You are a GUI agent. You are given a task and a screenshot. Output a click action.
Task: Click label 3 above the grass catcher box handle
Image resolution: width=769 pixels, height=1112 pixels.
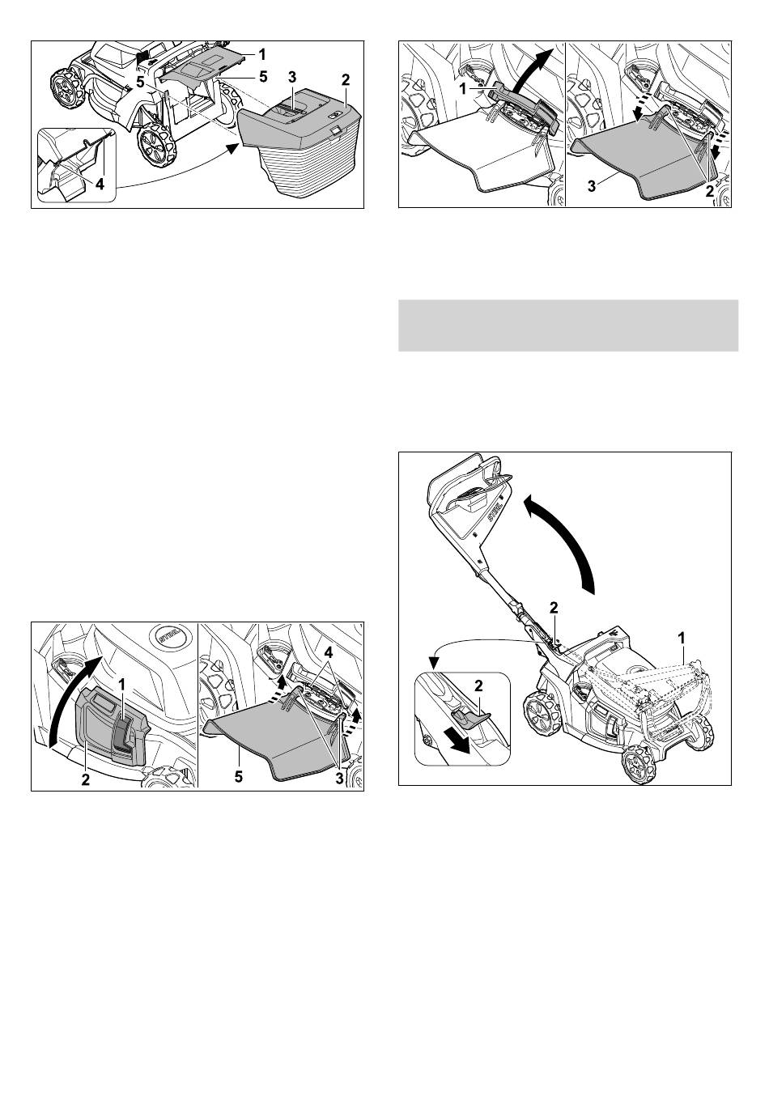(292, 77)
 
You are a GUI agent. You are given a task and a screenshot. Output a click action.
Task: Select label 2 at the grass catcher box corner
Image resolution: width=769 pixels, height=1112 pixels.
(346, 79)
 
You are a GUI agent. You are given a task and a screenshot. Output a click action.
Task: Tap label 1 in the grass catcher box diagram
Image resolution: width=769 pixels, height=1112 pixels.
(262, 53)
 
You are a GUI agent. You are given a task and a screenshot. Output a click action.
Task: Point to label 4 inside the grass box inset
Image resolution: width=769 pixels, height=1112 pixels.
(100, 185)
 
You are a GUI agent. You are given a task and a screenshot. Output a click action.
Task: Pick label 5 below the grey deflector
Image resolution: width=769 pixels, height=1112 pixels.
(239, 777)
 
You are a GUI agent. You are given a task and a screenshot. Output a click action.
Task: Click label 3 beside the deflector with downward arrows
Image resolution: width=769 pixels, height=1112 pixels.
(591, 187)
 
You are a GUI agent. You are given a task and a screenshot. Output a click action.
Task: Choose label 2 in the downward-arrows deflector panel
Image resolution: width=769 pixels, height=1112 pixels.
(710, 192)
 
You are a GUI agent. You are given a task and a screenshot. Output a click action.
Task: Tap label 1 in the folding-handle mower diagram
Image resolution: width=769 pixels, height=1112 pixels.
(682, 636)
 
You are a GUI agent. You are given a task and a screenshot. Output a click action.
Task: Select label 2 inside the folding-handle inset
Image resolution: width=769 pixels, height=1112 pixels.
(478, 685)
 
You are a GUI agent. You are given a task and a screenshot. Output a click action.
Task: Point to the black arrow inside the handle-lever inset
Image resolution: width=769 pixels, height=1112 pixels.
(457, 744)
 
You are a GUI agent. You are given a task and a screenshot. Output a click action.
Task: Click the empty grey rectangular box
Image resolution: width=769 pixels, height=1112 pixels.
(568, 325)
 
